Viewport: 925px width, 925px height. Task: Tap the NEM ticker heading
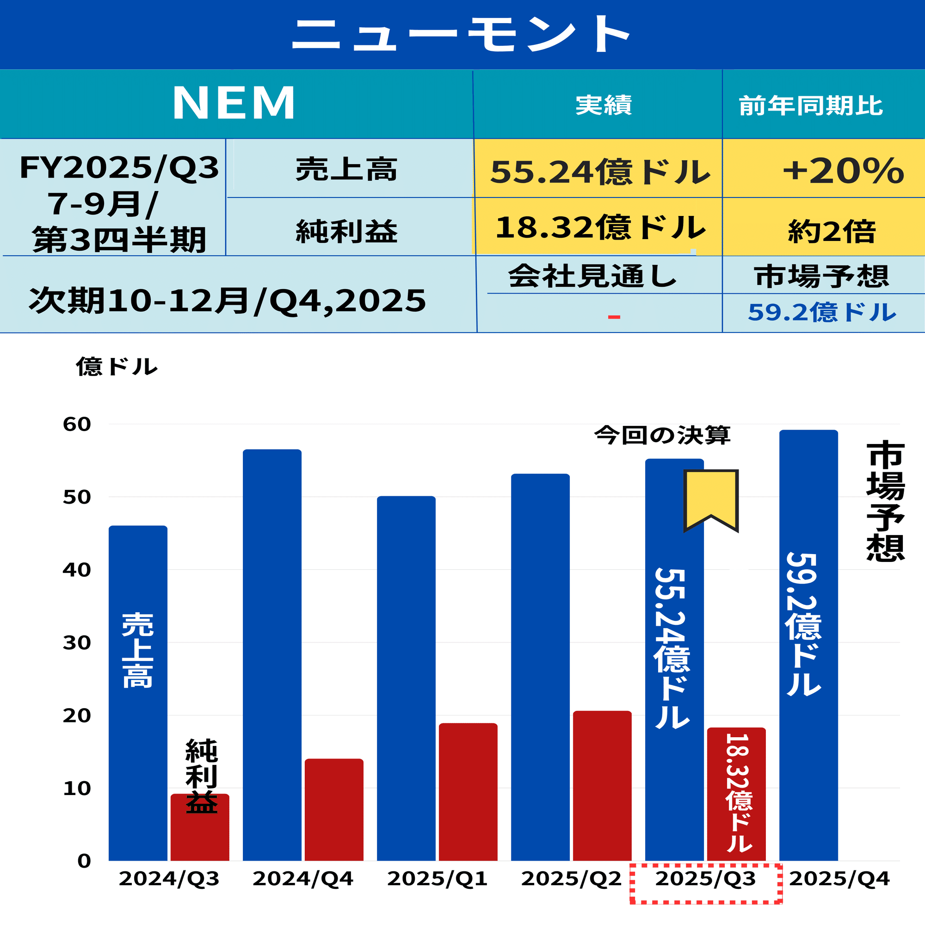point(234,104)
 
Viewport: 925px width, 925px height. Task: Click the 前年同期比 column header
point(811,106)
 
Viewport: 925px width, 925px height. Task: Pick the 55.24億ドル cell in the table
point(599,172)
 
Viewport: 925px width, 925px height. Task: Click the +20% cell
point(843,171)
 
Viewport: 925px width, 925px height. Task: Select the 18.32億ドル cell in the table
point(599,228)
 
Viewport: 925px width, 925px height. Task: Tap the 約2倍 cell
point(832,232)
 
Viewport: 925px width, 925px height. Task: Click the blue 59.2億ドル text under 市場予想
point(821,313)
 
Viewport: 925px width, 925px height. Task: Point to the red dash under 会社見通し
point(614,317)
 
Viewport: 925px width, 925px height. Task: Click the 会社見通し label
point(592,276)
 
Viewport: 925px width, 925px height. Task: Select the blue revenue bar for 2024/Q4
point(272,656)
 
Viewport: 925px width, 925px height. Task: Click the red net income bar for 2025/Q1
point(468,792)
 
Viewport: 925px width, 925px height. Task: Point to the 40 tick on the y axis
point(77,570)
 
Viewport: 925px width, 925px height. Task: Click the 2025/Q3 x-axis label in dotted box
point(705,879)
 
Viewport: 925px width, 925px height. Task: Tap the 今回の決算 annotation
point(662,435)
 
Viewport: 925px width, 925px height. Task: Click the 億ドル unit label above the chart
point(117,367)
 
